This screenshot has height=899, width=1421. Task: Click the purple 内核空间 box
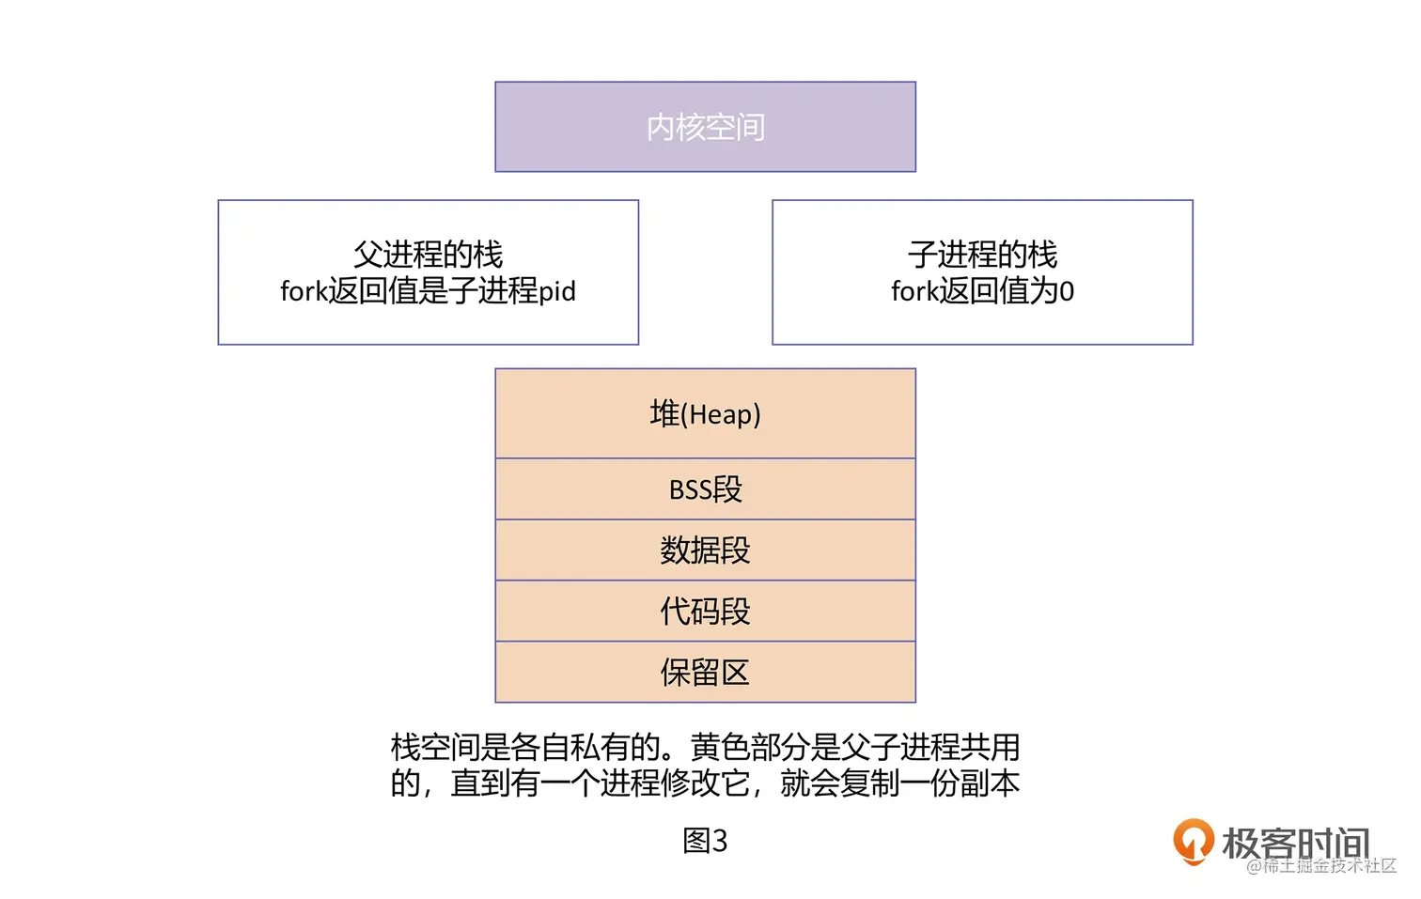pos(705,127)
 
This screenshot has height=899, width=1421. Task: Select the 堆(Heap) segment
pos(705,413)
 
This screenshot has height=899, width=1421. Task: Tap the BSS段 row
pos(705,489)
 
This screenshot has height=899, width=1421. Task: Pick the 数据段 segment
pos(705,550)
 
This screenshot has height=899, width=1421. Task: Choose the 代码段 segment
pos(705,612)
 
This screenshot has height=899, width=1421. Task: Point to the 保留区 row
pos(705,673)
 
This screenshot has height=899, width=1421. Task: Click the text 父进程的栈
pos(428,255)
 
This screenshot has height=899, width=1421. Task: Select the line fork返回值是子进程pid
pos(428,291)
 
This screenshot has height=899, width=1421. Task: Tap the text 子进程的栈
pos(982,255)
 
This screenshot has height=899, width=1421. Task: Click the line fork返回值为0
pos(982,291)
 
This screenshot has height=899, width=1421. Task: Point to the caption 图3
pos(705,841)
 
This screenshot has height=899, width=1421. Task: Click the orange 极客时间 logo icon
pos(1193,840)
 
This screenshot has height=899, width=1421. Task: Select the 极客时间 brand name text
pos(1295,842)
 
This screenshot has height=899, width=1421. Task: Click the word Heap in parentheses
pos(721,414)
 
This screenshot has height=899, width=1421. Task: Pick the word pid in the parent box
pos(556,291)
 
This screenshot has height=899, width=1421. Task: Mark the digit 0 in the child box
pos(1067,292)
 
